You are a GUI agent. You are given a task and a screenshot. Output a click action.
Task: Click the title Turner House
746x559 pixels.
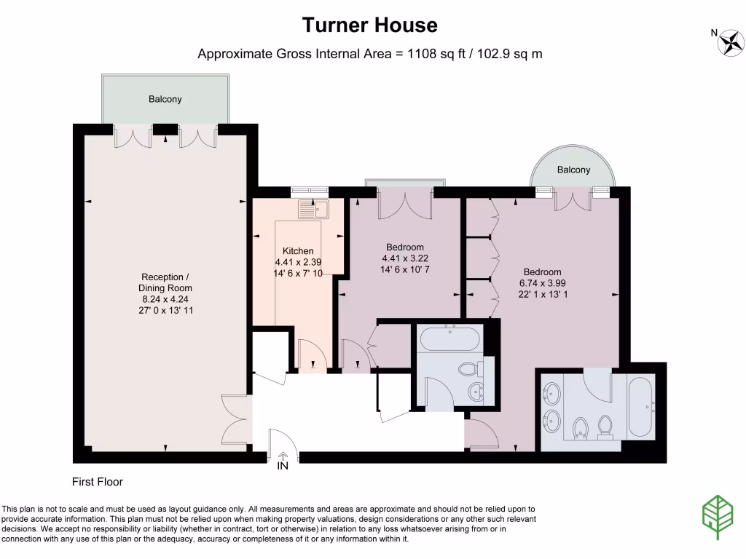click(x=370, y=25)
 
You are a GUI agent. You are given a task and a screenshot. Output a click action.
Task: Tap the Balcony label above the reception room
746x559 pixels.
click(x=165, y=99)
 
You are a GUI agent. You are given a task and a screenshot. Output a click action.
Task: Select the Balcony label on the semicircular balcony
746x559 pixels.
click(x=573, y=170)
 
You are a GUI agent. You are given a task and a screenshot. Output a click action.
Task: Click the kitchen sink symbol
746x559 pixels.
click(x=313, y=210)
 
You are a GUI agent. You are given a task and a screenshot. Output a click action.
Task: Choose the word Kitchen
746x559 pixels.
click(x=298, y=250)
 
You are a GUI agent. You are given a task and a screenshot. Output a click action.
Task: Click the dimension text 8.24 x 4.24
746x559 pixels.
click(x=166, y=298)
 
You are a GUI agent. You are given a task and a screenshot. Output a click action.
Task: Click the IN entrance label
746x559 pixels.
click(x=283, y=467)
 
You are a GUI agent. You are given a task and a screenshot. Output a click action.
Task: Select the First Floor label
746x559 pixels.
click(x=98, y=482)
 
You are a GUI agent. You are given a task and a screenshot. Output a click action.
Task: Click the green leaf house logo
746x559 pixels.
click(x=718, y=518)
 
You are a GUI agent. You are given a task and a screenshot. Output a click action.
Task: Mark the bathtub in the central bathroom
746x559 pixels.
click(x=449, y=339)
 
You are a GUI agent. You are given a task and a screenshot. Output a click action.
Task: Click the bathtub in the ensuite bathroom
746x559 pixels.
click(x=641, y=407)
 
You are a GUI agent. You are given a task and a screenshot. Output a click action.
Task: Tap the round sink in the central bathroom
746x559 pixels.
click(x=477, y=390)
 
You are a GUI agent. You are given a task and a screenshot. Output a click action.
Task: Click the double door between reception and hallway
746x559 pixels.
click(x=236, y=419)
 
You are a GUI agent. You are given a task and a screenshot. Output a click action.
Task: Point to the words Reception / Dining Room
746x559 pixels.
click(x=166, y=282)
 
